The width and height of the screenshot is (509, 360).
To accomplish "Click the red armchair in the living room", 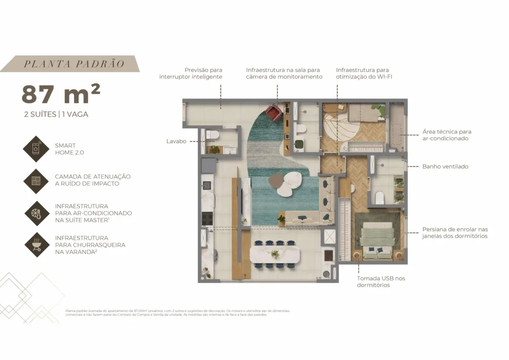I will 273,112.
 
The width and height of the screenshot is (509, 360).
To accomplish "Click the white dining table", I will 275,255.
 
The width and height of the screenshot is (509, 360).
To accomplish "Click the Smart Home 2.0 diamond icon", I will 36,149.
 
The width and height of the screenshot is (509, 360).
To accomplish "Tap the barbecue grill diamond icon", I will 36,245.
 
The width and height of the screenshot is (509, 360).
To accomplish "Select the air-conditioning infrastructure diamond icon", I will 36,213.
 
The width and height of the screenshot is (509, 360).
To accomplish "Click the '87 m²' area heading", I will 61,94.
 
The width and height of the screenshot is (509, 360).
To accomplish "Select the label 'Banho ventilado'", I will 445,167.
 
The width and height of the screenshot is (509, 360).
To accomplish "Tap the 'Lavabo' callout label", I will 176,141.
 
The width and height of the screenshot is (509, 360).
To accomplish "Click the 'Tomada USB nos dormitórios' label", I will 381,281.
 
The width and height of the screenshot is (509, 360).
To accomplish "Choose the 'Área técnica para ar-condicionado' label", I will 446,135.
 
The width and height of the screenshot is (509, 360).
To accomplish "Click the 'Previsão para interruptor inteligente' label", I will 191,74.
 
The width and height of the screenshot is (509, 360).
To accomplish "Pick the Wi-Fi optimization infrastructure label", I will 362,74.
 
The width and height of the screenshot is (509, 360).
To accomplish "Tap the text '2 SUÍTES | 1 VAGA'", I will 56,114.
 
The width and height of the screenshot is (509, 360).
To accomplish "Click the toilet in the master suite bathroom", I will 380,197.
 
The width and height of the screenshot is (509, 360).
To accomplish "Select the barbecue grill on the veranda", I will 329,256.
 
